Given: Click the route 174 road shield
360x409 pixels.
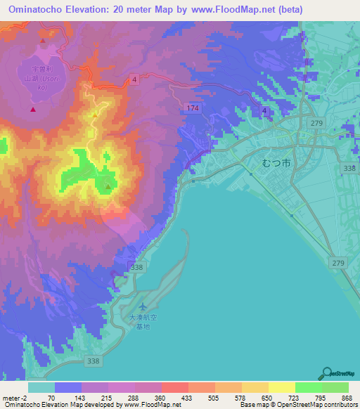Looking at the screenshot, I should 193,108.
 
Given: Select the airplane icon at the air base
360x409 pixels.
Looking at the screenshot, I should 144,306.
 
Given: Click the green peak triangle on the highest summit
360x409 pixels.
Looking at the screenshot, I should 107,186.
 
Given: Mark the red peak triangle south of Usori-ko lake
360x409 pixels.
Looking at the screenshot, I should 32,110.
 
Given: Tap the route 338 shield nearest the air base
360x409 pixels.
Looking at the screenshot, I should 137,268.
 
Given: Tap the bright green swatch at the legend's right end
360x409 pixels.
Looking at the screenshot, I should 335,387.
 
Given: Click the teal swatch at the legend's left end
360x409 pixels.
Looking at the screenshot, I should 41,387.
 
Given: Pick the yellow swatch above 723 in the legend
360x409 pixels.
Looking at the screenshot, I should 281,387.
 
